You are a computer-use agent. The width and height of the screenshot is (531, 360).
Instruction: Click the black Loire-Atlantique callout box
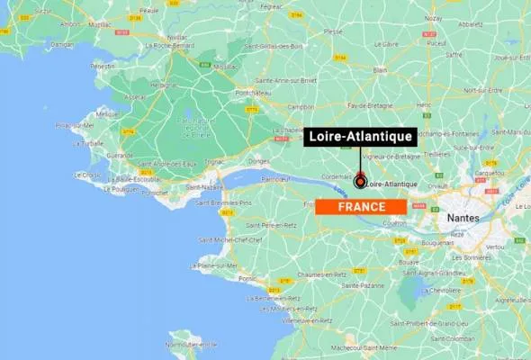click(359, 137)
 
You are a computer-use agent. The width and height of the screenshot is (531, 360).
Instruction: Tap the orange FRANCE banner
click(360, 207)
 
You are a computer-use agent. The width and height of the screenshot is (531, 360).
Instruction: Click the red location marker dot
click(360, 182)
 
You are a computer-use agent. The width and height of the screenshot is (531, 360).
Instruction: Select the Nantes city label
click(468, 218)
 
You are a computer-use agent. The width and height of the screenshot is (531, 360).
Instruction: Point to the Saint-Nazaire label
click(205, 188)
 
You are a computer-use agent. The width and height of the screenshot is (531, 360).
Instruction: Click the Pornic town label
click(247, 278)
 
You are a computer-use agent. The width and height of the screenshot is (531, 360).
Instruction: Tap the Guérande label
click(119, 157)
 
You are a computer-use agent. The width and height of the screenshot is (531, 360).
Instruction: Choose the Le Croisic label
click(88, 175)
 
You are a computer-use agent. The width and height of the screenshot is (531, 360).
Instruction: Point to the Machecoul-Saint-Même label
click(364, 346)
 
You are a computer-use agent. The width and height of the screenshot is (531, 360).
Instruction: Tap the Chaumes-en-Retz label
click(322, 274)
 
